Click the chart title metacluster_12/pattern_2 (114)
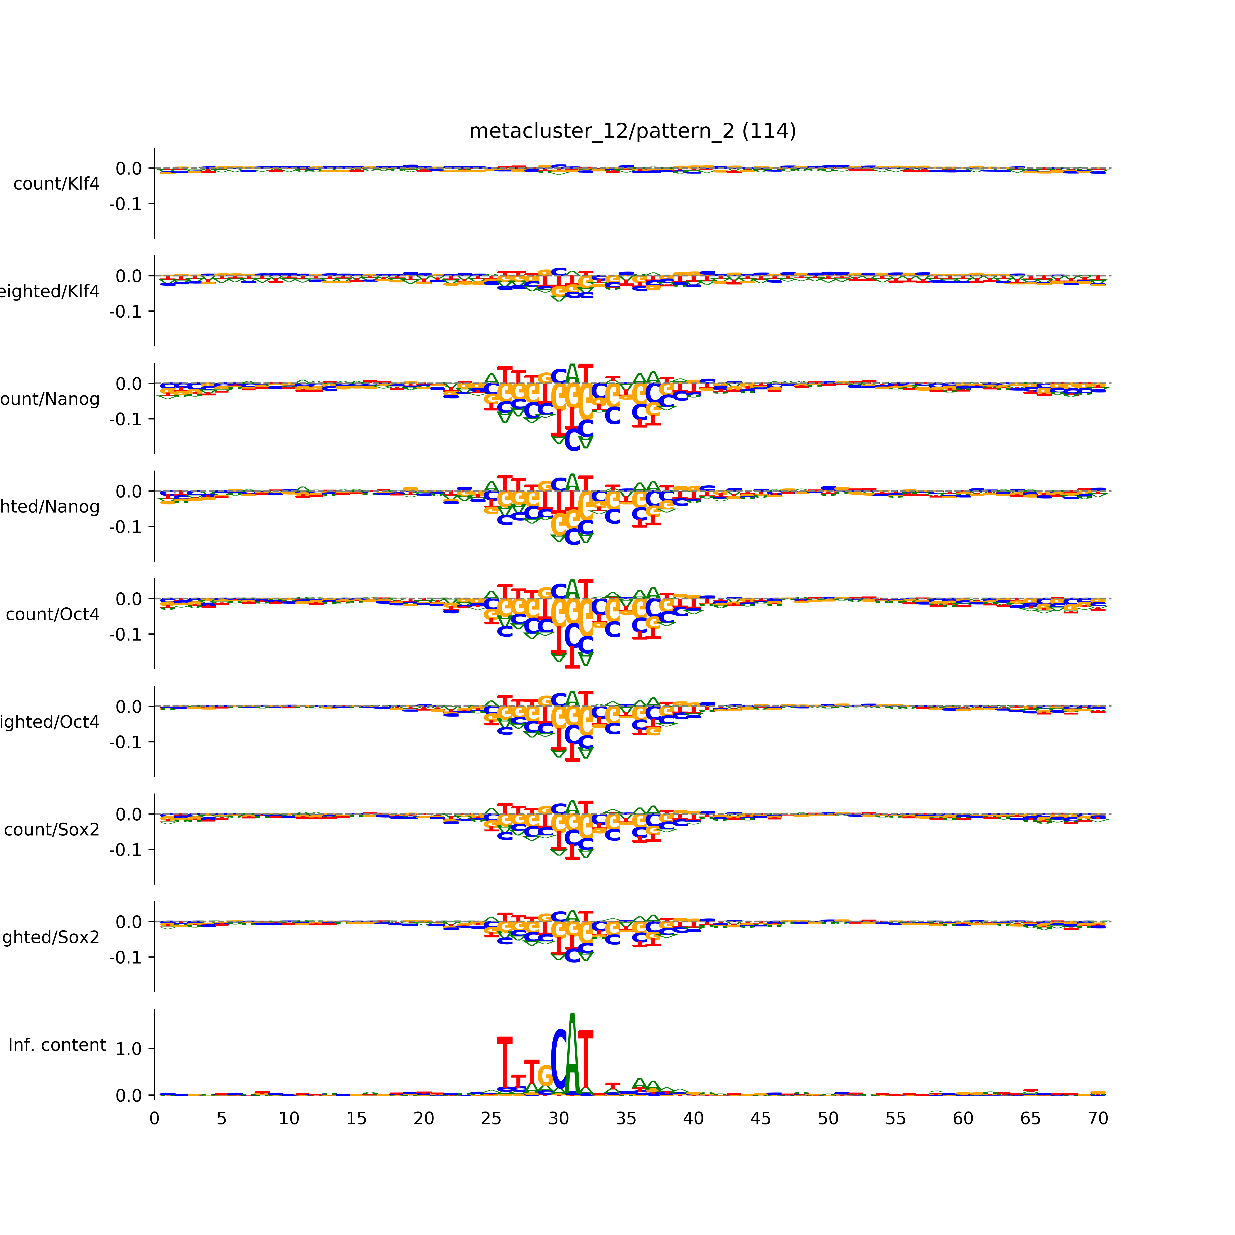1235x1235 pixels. [x=632, y=131]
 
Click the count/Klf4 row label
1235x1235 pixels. [x=56, y=184]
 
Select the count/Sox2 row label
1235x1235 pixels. [x=52, y=830]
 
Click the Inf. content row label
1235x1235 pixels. [x=57, y=1045]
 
